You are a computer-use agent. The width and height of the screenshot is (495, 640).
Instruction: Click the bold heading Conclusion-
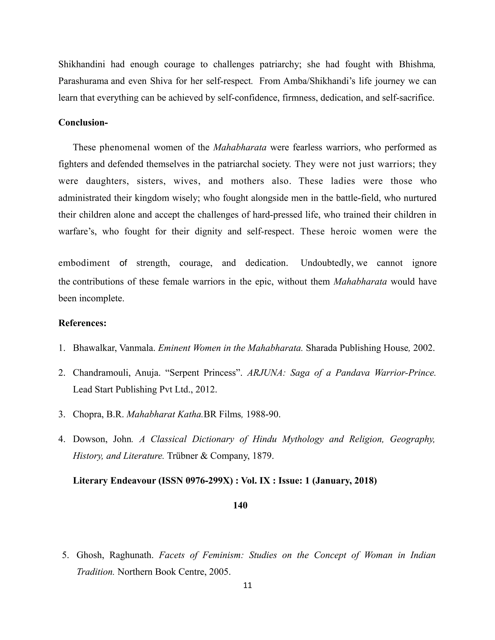coord(83,122)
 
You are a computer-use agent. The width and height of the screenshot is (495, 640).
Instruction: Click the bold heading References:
coord(82,323)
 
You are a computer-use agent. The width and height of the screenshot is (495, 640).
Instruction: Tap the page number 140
coord(240,505)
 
